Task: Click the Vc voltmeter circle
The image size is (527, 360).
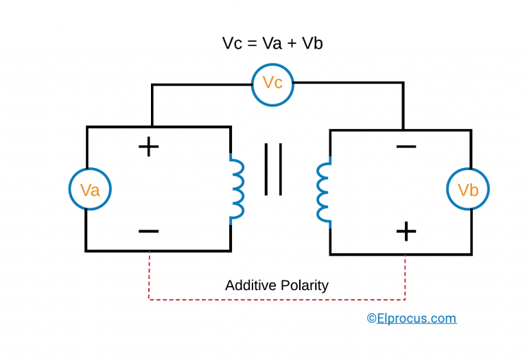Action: click(x=272, y=84)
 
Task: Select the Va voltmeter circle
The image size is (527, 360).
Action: click(x=90, y=189)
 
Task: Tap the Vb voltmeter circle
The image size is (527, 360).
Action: click(x=468, y=189)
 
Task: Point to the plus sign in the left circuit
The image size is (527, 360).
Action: click(x=148, y=147)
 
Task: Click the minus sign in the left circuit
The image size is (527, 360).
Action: click(x=148, y=231)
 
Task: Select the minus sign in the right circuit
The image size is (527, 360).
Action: click(x=406, y=147)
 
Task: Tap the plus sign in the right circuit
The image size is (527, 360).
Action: click(x=406, y=231)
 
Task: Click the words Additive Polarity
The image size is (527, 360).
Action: click(x=277, y=285)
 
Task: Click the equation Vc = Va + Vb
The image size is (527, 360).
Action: click(x=272, y=43)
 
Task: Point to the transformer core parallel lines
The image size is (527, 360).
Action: click(x=273, y=169)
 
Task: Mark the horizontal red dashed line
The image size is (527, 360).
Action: click(x=277, y=299)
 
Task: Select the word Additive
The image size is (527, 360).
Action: click(x=250, y=285)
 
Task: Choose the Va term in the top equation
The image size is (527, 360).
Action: click(x=270, y=43)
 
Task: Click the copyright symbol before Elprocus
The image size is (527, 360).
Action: click(x=371, y=318)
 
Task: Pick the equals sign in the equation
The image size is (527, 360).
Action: click(x=250, y=43)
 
